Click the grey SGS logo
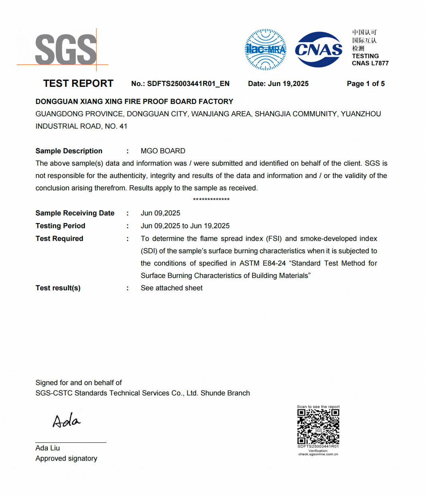pos(66,49)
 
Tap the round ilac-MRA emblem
pos(266,50)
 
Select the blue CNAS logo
pos(319,50)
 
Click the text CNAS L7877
pos(370,63)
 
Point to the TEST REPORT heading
pos(78,84)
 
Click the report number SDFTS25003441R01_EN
pos(188,84)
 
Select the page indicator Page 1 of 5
pos(366,84)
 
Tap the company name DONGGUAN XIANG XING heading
pos(134,102)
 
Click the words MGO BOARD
pos(163,151)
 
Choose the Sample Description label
pos(69,151)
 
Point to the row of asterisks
pos(211,200)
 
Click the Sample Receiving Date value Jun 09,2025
pos(160,213)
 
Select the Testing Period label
pos(60,226)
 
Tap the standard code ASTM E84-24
pos(262,263)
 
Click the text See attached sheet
pos(171,288)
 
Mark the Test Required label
pos(59,239)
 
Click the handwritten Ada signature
pos(66,421)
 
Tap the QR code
pos(318,427)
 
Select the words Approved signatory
pos(66,458)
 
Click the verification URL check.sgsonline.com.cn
pos(318,454)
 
